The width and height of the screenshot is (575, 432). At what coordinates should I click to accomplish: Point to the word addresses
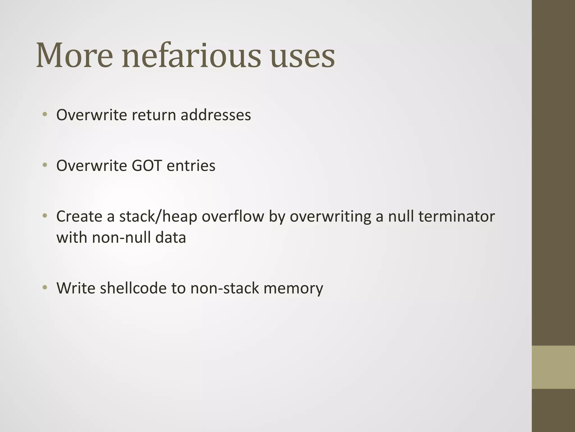tap(216, 115)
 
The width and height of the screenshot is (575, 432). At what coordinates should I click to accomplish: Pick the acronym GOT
tap(147, 165)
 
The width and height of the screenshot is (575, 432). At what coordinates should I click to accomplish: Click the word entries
tap(191, 165)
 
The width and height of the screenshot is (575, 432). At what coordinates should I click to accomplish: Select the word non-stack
tap(225, 288)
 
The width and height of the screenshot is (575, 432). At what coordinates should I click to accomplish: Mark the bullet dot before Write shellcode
tap(44, 287)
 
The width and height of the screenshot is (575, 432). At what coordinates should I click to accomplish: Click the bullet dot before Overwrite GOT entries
tap(44, 165)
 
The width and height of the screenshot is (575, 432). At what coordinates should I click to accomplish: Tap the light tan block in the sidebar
tap(553, 367)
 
